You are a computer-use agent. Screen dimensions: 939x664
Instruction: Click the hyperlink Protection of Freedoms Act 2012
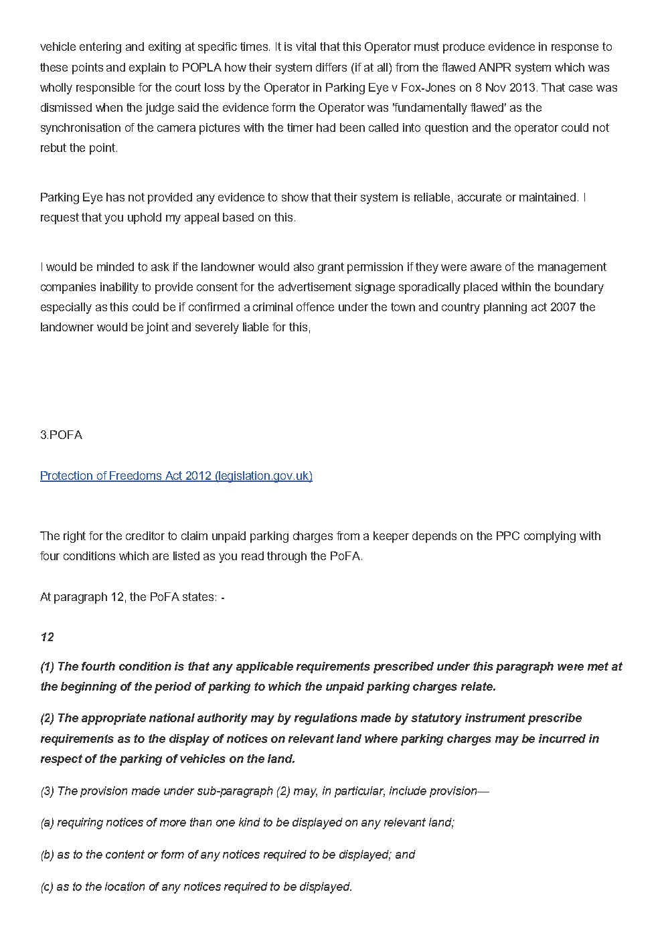[176, 476]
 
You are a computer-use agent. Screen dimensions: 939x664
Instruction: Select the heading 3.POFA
[61, 435]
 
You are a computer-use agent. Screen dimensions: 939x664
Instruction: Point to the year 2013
[521, 88]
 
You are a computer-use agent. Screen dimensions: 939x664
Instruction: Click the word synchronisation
[82, 128]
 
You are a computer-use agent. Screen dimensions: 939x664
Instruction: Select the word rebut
[53, 148]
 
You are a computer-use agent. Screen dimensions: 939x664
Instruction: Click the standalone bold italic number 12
[47, 637]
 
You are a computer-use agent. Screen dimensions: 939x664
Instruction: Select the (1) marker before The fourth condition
[47, 667]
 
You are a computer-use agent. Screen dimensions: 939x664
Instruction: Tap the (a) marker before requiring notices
[47, 823]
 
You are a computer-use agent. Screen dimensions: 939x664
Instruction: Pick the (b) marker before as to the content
[47, 855]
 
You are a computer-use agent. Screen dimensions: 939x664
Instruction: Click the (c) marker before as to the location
[47, 887]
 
